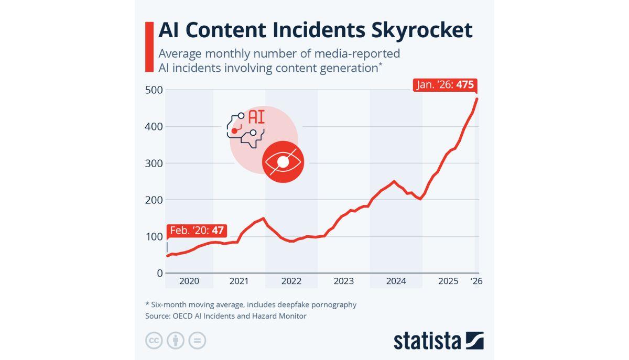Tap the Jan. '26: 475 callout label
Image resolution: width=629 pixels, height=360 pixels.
[446, 85]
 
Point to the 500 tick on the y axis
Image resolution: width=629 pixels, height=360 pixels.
[153, 90]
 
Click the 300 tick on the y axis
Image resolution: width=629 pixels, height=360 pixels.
[153, 163]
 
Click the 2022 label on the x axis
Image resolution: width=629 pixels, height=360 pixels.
[291, 281]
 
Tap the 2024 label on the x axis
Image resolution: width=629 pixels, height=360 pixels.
[396, 281]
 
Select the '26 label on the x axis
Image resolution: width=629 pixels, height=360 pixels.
[476, 281]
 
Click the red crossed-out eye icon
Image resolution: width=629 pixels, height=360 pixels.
[283, 162]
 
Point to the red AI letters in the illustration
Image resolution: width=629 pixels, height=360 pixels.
[256, 116]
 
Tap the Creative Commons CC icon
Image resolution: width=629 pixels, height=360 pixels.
[154, 341]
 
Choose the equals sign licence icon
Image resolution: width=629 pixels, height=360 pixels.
[197, 341]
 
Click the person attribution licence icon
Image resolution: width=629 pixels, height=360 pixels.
[176, 341]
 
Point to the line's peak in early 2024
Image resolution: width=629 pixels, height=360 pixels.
[394, 181]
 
